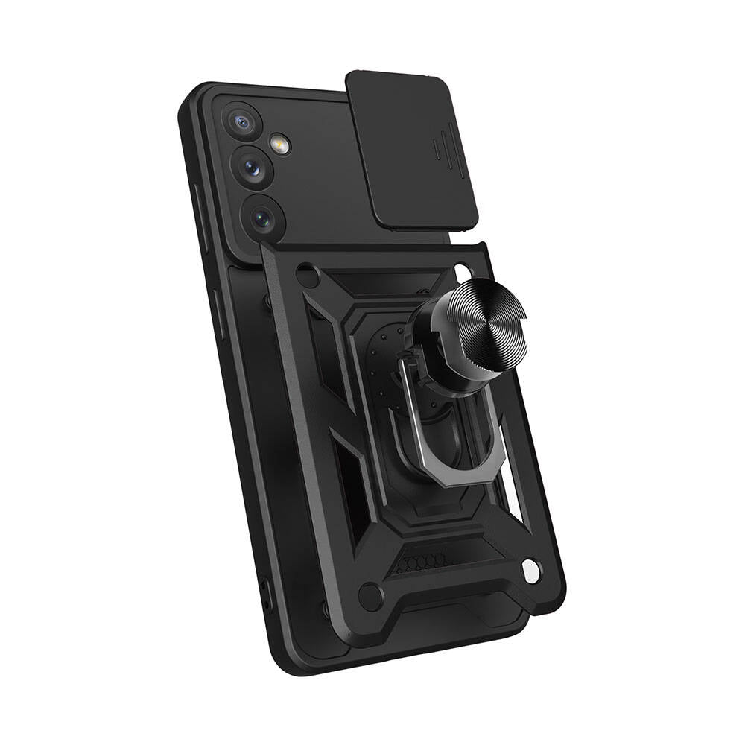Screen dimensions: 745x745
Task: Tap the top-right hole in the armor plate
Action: [x=463, y=270]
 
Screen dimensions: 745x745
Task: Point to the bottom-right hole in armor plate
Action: [x=530, y=572]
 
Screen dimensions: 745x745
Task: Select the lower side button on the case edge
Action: [x=218, y=313]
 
